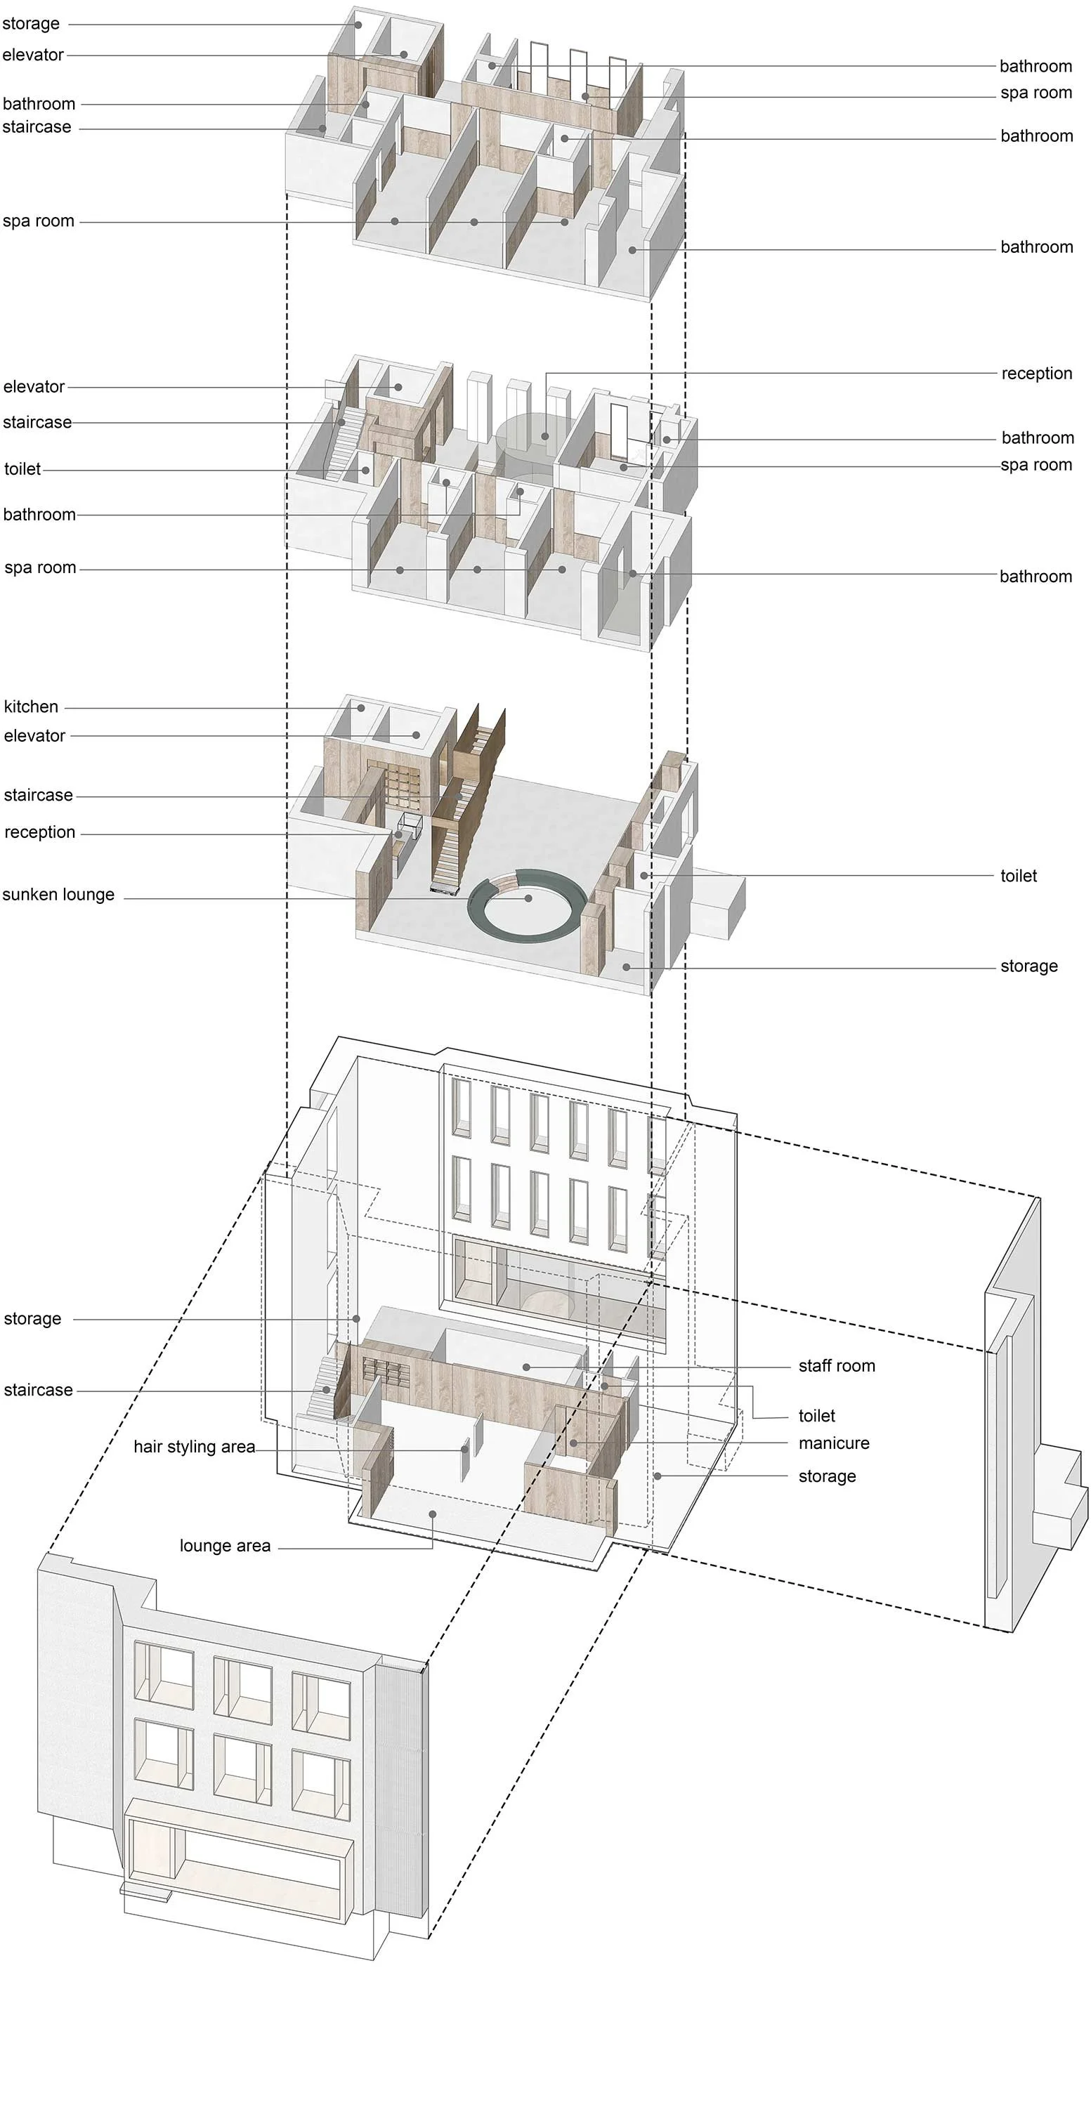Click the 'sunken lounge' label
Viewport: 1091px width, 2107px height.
[58, 895]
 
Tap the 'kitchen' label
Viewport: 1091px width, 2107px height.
[31, 707]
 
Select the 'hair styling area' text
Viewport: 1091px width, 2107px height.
[194, 1447]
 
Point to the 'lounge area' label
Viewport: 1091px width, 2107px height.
[225, 1546]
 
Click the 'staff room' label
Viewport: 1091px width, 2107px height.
[836, 1366]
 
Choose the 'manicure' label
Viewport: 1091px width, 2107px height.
[833, 1444]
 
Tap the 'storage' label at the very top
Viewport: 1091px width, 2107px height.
[31, 24]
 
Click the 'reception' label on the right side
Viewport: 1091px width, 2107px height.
[1036, 374]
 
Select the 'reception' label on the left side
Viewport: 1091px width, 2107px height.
[39, 833]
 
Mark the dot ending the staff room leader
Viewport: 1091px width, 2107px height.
[526, 1367]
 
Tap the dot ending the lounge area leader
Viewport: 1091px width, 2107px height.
[433, 1514]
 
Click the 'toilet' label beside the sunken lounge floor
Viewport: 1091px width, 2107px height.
[1018, 876]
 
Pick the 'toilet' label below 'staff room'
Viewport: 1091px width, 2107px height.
[816, 1416]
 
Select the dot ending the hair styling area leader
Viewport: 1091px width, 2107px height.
[464, 1450]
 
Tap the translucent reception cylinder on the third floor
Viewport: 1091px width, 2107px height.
[524, 442]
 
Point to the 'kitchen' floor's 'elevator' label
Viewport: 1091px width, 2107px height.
[34, 736]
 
